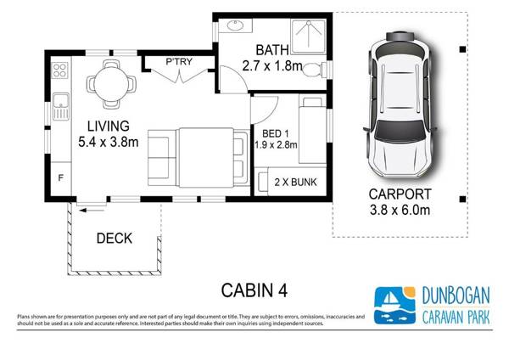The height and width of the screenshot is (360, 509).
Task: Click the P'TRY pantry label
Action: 178,61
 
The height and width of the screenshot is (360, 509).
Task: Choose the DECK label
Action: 114,239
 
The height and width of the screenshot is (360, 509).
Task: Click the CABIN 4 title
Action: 254,290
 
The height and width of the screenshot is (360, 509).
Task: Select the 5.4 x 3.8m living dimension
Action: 108,142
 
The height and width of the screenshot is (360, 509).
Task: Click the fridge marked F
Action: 60,178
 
